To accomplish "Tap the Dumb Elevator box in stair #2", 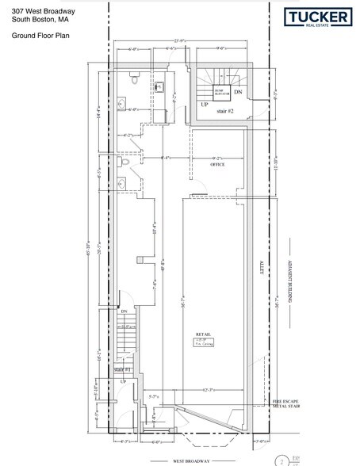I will click(220, 92).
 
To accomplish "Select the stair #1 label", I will click(121, 369).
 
